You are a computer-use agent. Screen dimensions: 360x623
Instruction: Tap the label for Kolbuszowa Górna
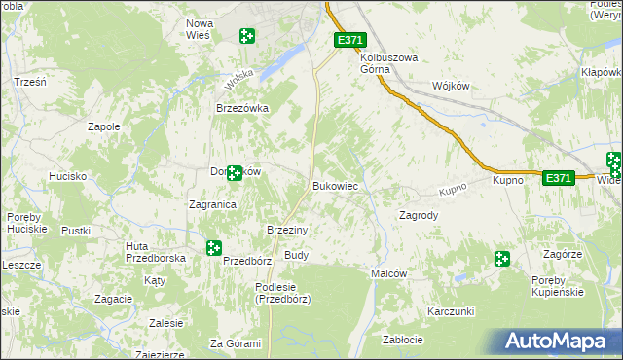[388, 64]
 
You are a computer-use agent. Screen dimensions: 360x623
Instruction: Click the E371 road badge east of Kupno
[557, 178]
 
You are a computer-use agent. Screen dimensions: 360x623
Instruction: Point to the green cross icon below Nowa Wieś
[247, 36]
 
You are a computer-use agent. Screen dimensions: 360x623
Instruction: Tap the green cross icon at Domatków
[235, 172]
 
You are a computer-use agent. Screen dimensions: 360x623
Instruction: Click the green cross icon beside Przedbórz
[213, 248]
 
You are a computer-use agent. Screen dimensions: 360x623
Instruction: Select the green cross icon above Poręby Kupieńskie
[501, 259]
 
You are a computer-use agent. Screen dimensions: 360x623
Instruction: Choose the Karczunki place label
[450, 311]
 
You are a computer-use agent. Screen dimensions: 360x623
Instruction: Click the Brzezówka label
[241, 109]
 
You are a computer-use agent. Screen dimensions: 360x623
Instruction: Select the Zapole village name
[104, 126]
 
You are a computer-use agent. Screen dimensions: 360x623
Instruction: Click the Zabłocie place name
[403, 340]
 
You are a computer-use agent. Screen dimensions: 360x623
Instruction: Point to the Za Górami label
[235, 343]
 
